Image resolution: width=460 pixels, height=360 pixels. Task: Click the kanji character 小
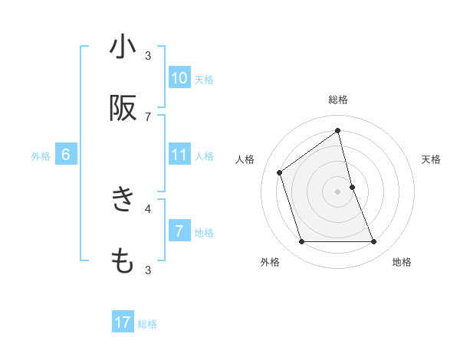coord(123,47)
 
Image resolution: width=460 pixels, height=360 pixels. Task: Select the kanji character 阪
coord(123,108)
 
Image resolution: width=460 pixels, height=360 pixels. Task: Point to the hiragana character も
coord(123,261)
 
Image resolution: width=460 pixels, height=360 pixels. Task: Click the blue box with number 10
coord(179,77)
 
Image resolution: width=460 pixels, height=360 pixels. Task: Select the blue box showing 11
coord(179,155)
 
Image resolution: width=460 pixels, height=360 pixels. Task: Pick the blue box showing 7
coord(179,231)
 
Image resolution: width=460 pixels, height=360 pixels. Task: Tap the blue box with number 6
coord(66,155)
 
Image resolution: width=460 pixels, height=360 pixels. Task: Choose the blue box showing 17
coord(123,322)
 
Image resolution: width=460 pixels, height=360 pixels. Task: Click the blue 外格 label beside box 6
coord(41,156)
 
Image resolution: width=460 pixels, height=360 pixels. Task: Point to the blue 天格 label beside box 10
coord(204,79)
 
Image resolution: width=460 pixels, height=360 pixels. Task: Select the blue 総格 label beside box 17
coord(147,324)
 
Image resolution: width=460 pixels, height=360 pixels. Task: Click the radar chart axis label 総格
coord(338,100)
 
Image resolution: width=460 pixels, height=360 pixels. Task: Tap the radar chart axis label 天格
coord(431,159)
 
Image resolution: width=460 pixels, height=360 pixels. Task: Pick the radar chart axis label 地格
coord(402,262)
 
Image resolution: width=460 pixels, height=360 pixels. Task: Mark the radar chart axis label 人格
coord(245,159)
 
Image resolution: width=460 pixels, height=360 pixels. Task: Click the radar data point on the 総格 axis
coord(338,130)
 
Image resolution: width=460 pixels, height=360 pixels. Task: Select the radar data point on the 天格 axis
coord(352,187)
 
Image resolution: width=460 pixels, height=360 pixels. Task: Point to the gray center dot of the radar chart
coord(338,191)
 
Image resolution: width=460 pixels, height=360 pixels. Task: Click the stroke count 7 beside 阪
coord(148,116)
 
